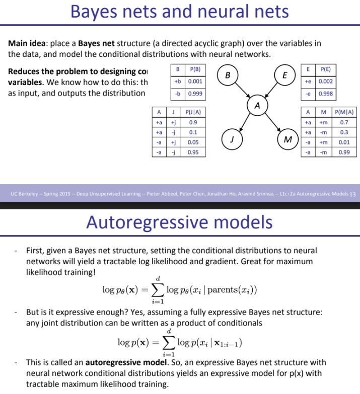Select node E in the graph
coord(285,75)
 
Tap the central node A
coord(257,106)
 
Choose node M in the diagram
coord(287,139)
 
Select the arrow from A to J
coord(245,121)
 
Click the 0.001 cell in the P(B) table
coord(196,82)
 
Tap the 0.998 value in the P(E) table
coord(325,94)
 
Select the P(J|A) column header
coord(193,112)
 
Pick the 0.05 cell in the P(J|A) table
coord(193,142)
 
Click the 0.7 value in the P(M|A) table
coord(344,122)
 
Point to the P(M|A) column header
coord(344,112)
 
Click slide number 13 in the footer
coord(352,194)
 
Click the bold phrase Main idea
coord(29,43)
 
